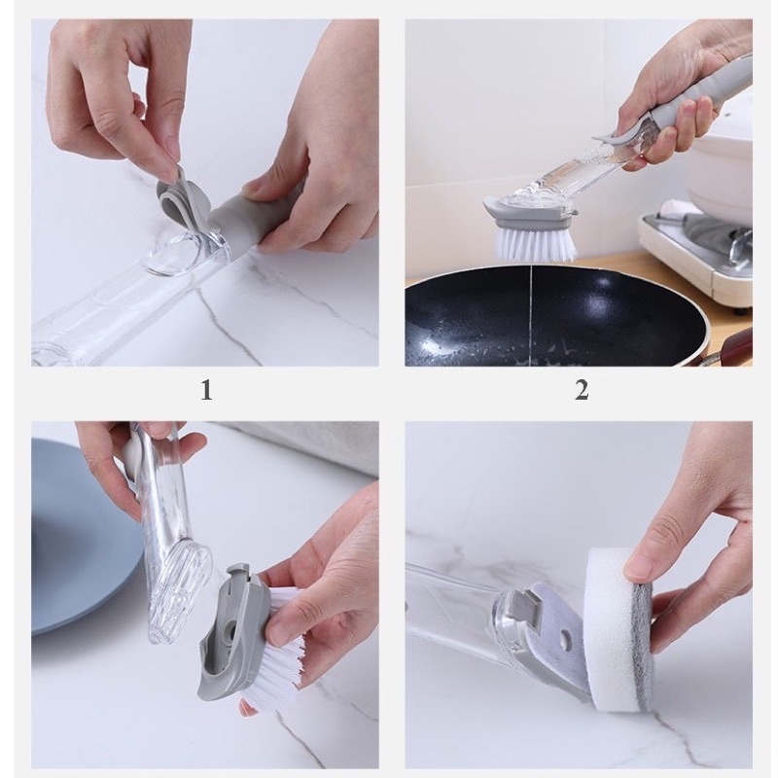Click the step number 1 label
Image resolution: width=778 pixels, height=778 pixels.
coord(206,390)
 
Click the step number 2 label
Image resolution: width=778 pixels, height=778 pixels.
coord(582,390)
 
